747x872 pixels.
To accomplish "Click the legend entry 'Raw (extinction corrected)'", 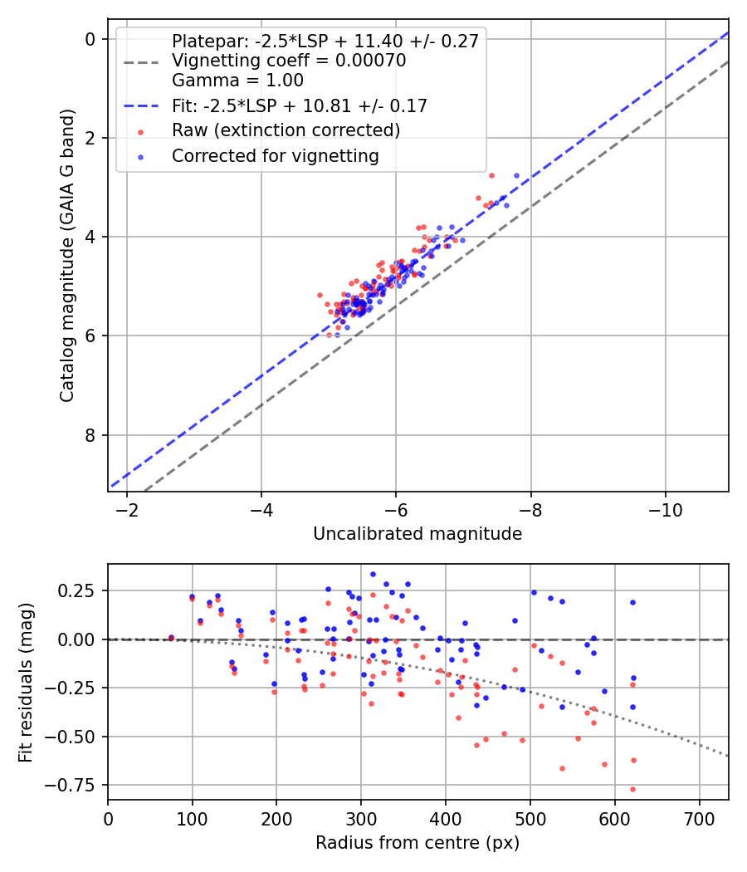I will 286,130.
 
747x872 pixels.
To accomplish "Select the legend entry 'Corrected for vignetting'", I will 275,155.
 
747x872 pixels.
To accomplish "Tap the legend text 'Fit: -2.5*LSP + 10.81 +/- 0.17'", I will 300,105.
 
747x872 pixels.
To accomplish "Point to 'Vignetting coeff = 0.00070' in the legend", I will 289,61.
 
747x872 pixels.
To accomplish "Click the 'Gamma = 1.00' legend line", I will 237,81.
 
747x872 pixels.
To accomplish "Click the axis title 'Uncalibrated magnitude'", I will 417,534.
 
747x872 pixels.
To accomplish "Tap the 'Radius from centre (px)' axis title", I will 417,842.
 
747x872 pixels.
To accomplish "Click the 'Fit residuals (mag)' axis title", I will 26,681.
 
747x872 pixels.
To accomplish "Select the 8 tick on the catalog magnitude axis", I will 91,435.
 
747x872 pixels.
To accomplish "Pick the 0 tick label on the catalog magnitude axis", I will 91,39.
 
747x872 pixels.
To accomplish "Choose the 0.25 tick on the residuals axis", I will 79,590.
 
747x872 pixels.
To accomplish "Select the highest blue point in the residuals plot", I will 373,574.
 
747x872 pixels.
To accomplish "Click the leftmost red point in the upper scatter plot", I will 320,295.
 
